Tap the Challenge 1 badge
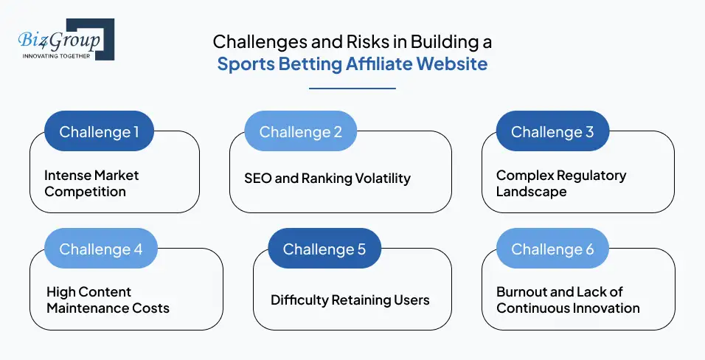tap(99, 132)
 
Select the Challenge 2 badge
tap(300, 132)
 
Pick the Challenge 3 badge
tap(552, 132)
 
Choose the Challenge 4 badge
tap(100, 249)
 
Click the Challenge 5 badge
tap(324, 249)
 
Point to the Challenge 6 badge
tap(552, 249)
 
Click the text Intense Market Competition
tap(91, 184)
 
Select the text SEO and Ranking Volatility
tap(327, 178)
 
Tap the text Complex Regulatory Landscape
tap(560, 184)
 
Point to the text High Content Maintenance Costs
tap(108, 300)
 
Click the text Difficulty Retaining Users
tap(350, 300)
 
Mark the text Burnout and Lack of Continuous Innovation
tap(568, 300)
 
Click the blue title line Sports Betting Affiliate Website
tap(352, 64)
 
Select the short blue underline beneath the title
tap(352, 89)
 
